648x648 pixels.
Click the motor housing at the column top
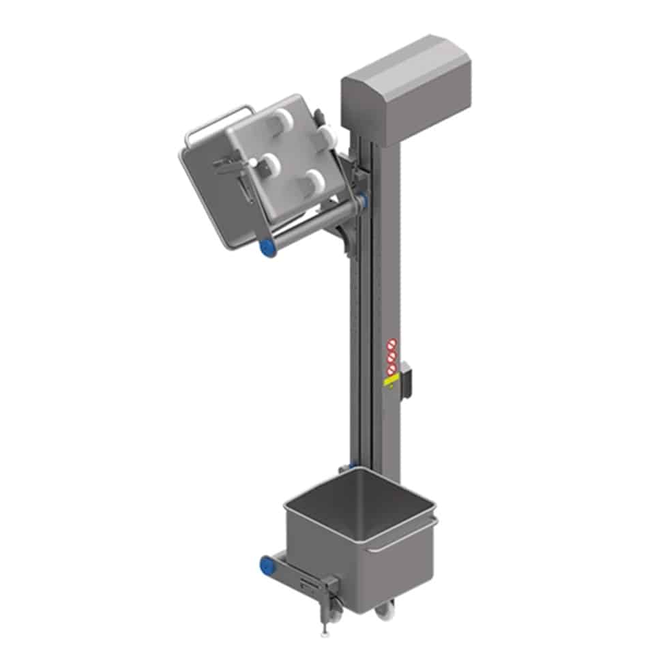point(397,86)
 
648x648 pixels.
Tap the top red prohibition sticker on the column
point(392,344)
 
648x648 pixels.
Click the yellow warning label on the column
point(390,383)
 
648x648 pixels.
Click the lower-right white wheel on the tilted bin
point(314,181)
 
